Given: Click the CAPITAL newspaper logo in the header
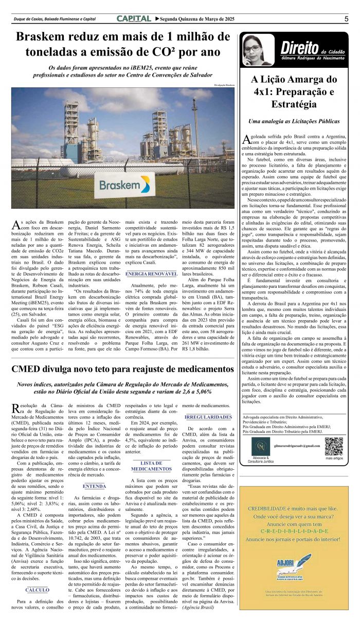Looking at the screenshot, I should tap(134, 19).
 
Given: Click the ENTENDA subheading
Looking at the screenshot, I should tap(94, 486).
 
